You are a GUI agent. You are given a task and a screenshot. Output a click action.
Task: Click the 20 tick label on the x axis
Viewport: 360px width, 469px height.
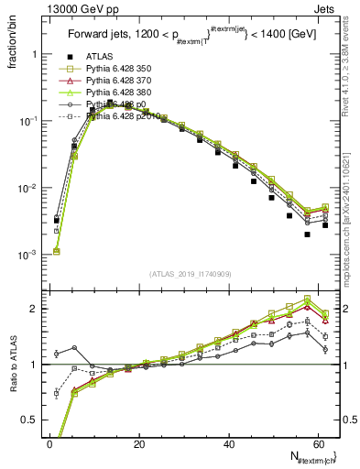click(139, 445)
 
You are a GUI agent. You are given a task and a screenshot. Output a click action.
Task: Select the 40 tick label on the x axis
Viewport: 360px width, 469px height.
click(229, 445)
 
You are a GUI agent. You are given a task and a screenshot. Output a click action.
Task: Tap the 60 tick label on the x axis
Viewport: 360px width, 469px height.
click(318, 445)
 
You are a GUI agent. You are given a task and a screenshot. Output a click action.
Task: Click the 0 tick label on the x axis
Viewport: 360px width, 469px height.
click(50, 445)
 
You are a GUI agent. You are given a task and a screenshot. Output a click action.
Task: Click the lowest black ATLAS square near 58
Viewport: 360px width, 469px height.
click(308, 234)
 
